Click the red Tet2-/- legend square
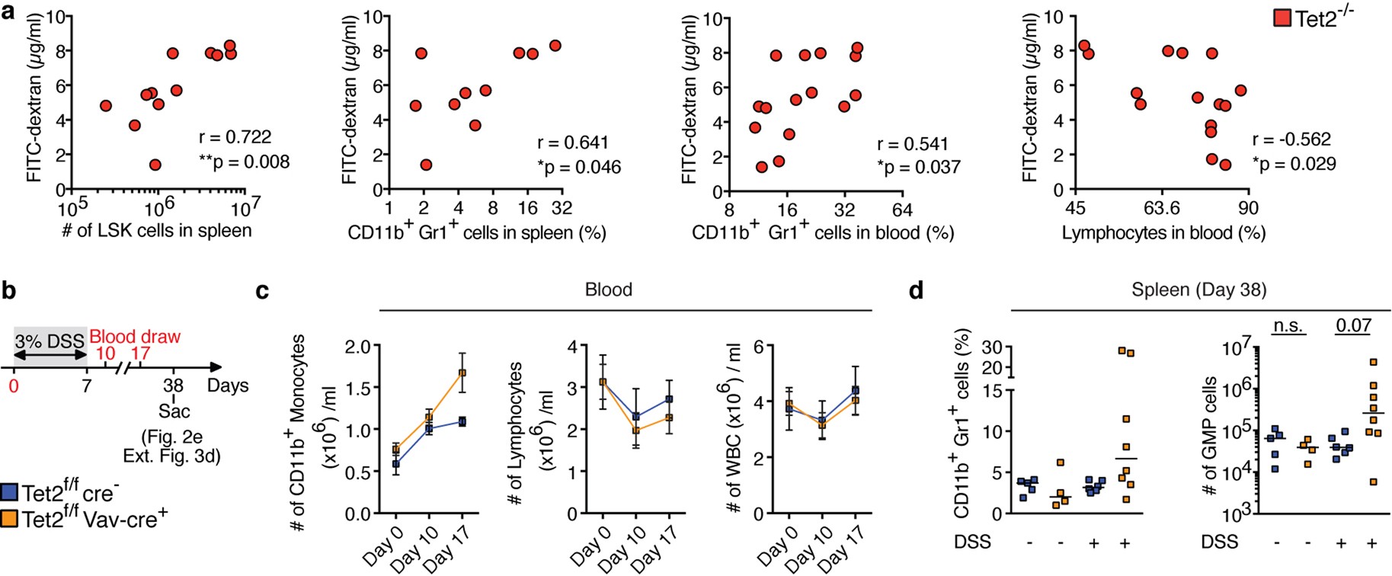[x=1282, y=18]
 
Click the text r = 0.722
[x=235, y=137]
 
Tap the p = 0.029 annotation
[x=1294, y=164]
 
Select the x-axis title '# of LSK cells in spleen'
[x=156, y=230]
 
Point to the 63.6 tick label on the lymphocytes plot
[x=1161, y=208]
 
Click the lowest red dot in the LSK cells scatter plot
[x=155, y=165]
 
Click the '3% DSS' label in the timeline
[x=50, y=341]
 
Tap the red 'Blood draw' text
[x=135, y=336]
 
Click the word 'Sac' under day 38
[x=174, y=411]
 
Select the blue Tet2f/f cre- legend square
[x=10, y=492]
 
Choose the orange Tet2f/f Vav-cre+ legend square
[x=10, y=519]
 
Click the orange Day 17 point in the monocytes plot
[x=462, y=373]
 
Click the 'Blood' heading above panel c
[x=608, y=290]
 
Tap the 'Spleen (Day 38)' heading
[x=1198, y=290]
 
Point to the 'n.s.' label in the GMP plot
[x=1288, y=326]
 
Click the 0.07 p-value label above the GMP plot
[x=1353, y=326]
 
